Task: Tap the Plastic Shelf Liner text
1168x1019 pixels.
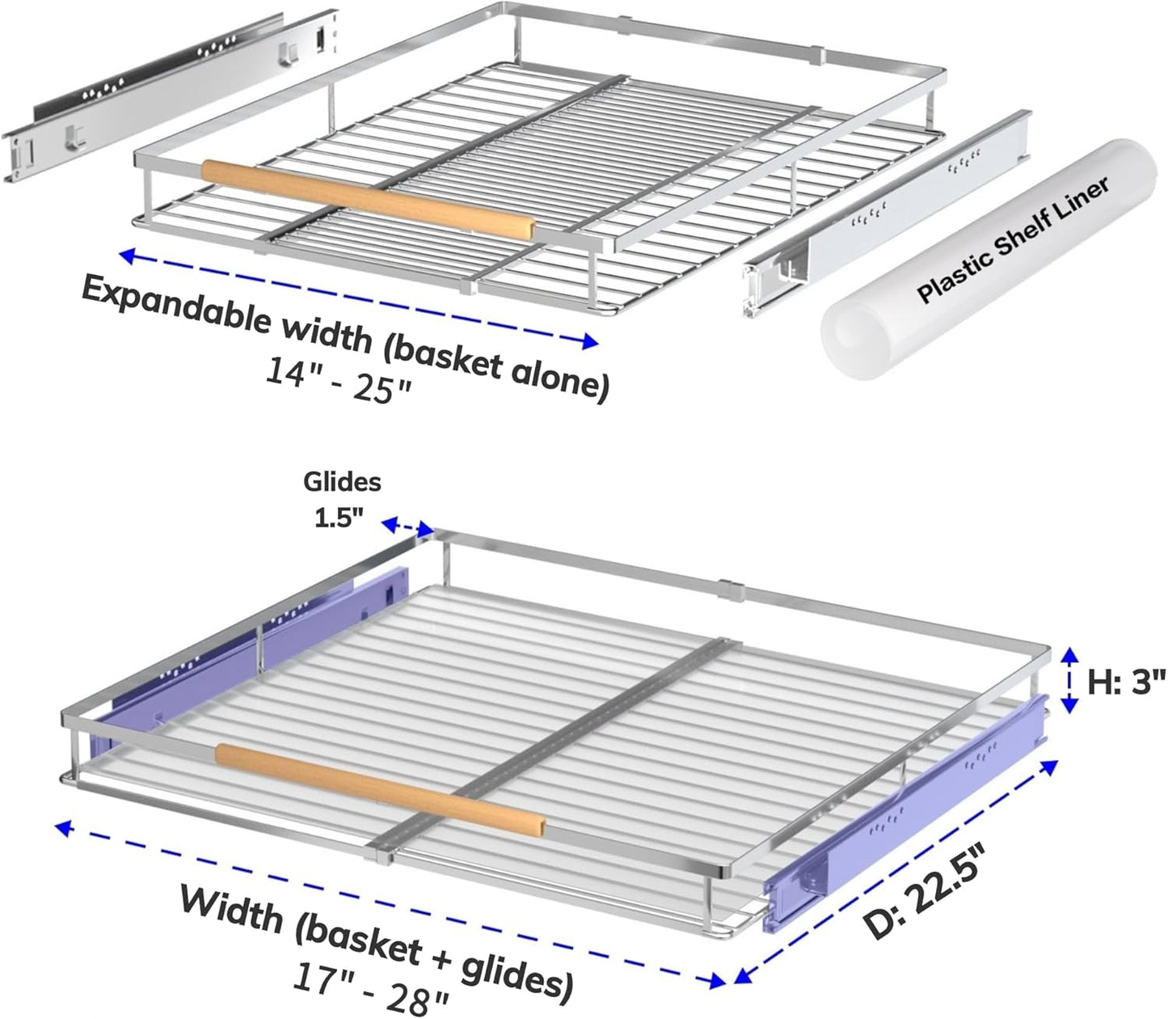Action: [x=1014, y=239]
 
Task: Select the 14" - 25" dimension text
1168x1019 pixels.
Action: [x=338, y=379]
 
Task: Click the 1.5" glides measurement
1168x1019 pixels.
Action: [x=339, y=518]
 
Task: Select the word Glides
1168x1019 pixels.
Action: [x=342, y=482]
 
